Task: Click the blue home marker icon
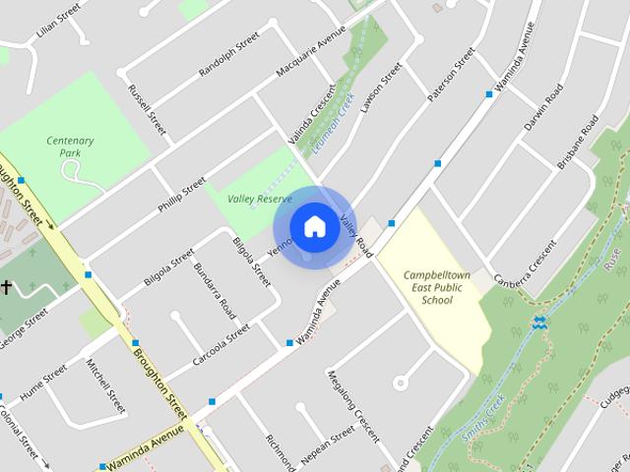[x=314, y=226]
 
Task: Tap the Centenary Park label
[x=70, y=147]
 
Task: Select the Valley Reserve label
[x=260, y=199]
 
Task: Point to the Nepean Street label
[x=328, y=444]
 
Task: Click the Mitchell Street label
[x=105, y=385]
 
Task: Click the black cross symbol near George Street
[x=6, y=287]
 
